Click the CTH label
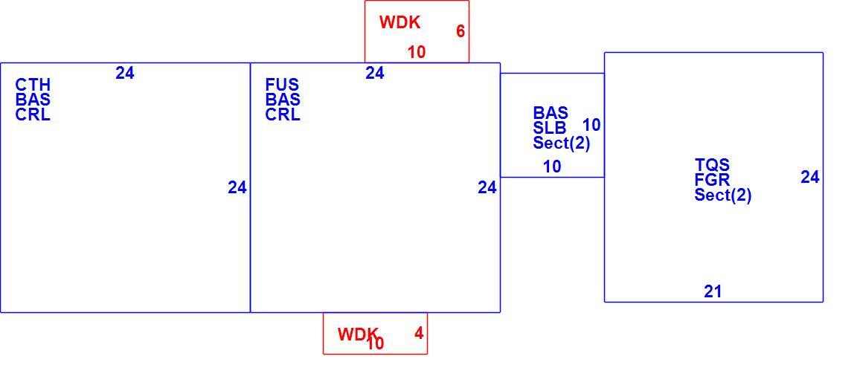[33, 85]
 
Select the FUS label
[283, 85]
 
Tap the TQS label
[713, 165]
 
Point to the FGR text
[713, 180]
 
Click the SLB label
[550, 129]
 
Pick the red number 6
[461, 31]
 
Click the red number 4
[419, 333]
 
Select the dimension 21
[713, 291]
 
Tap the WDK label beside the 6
[399, 22]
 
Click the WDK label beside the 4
[358, 334]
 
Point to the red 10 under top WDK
[417, 52]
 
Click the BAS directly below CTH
[33, 100]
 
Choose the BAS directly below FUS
[283, 100]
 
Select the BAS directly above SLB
[551, 113]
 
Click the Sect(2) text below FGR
[723, 195]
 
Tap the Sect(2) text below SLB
[562, 143]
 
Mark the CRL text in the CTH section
[33, 114]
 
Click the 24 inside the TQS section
[810, 177]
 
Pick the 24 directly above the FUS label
[375, 73]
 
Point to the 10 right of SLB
[591, 125]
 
